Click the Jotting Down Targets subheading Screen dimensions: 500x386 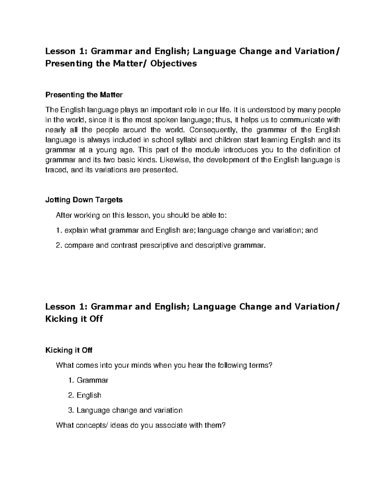(84, 200)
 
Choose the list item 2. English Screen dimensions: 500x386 (85, 395)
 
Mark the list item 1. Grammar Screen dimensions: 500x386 (88, 380)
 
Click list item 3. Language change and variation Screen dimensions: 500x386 (125, 410)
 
